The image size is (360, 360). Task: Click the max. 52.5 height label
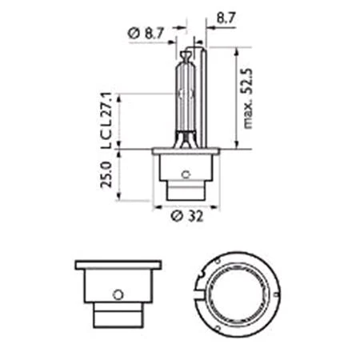(x=247, y=98)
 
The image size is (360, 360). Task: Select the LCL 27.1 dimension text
(x=106, y=121)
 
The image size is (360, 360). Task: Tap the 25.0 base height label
(x=106, y=175)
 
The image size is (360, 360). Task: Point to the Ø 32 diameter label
(x=187, y=216)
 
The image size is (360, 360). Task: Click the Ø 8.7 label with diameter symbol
(x=146, y=34)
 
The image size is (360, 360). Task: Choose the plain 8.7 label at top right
(x=226, y=18)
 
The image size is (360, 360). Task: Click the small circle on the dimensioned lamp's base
(x=186, y=174)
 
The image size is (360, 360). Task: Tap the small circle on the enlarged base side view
(x=118, y=294)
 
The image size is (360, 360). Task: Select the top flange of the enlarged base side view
(x=118, y=265)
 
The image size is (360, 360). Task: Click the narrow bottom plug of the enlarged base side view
(x=118, y=315)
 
